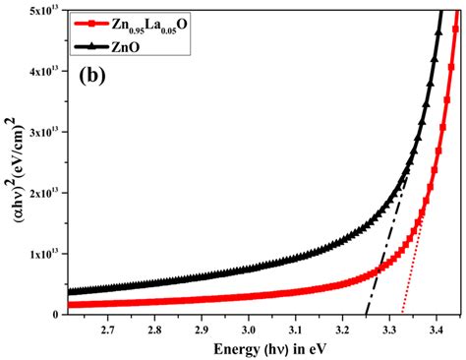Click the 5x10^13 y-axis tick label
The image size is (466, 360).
[45, 11]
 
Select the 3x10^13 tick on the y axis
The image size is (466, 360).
[45, 132]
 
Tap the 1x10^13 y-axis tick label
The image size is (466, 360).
[45, 254]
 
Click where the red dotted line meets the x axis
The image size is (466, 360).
[403, 314]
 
